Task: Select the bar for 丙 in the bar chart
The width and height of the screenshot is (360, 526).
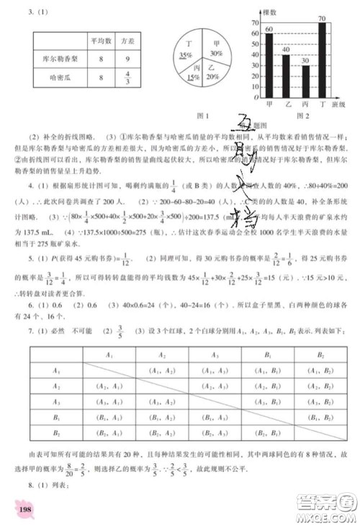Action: (305, 84)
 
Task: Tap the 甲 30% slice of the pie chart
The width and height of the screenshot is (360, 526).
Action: (214, 49)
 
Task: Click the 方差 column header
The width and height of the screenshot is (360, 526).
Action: (128, 43)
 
